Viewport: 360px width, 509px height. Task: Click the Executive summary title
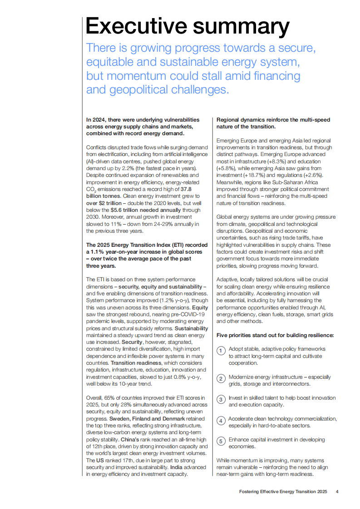[187, 26]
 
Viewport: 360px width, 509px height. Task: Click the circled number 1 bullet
[220, 351]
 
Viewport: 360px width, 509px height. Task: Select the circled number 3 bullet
[220, 399]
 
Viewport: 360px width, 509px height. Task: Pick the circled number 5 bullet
[220, 441]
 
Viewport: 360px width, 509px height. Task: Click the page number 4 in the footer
[337, 491]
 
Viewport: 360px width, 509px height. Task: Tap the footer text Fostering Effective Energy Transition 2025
[283, 491]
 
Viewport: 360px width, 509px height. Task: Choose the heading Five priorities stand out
[275, 335]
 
